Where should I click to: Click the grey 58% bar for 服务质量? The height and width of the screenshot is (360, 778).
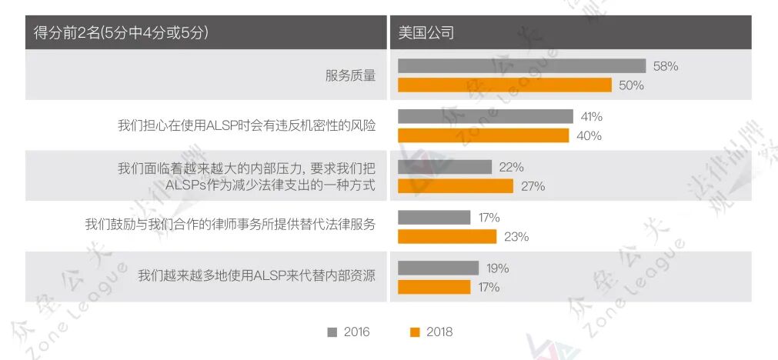[x=521, y=66]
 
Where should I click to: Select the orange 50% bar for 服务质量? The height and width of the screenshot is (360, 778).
[x=504, y=85]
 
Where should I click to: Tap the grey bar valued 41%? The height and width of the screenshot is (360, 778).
[x=485, y=117]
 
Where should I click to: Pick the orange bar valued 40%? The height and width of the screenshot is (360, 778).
[x=482, y=135]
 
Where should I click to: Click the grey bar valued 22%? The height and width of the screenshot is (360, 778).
[x=444, y=167]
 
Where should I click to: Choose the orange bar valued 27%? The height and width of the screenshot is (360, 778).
[x=455, y=186]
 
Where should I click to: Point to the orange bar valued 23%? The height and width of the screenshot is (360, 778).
[x=446, y=237]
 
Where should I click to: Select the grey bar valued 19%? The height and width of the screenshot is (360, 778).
[x=437, y=268]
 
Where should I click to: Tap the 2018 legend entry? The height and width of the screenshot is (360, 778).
[x=432, y=332]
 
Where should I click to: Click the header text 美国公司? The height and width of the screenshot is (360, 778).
[x=426, y=33]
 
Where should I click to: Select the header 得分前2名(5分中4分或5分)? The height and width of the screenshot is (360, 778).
[x=122, y=33]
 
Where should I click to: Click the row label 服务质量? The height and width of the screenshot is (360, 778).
[x=350, y=75]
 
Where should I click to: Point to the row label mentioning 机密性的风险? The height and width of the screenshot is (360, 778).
[x=246, y=125]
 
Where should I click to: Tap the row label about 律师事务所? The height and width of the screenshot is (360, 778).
[x=230, y=225]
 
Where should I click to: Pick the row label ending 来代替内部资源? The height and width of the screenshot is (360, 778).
[x=256, y=275]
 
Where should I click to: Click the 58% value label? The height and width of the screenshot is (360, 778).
[x=665, y=66]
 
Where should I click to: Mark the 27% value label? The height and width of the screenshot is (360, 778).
[x=533, y=186]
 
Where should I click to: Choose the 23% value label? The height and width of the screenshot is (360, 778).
[x=516, y=237]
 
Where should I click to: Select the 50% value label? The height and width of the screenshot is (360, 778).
[x=631, y=85]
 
